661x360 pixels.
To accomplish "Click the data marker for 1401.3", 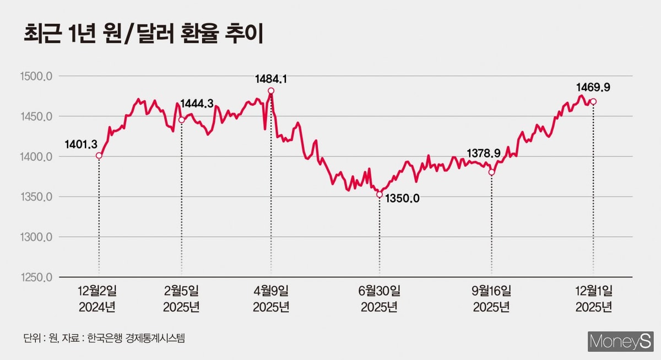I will tap(99, 156).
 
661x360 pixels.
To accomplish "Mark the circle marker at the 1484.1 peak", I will tap(270, 91).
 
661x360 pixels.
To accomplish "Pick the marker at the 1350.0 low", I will tap(379, 194).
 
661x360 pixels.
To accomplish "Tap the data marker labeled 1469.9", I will tap(593, 101).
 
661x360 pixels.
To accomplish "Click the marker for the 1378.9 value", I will tap(491, 172).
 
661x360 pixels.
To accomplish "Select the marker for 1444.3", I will tap(181, 120).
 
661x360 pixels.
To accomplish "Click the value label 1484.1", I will tap(271, 79).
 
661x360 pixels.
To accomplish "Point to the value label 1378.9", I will tap(484, 152).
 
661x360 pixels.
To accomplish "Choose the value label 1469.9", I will tap(593, 87).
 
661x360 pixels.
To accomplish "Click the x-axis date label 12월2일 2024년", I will tap(99, 298).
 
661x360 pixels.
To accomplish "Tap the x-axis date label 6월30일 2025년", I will tap(380, 298).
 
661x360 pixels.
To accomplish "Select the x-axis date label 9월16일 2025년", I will tap(491, 298).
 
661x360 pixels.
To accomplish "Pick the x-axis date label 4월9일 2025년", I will tap(270, 298).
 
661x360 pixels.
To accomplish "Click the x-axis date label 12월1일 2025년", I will tap(593, 298).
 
